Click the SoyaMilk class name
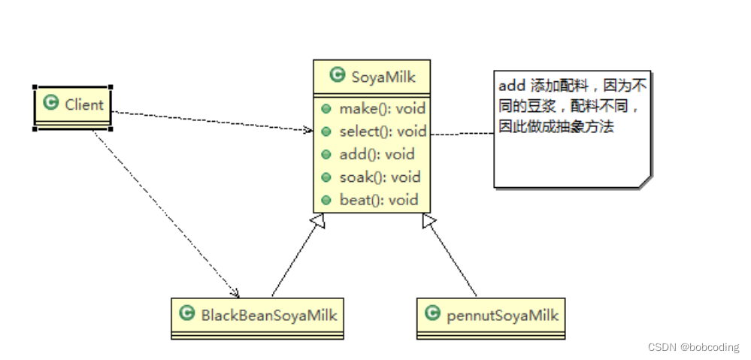383,76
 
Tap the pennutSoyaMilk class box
491,316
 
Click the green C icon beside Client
51,104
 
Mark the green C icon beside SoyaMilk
337,75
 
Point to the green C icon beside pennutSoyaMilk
432,314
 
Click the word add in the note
511,86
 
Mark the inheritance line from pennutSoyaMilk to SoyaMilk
451,256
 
